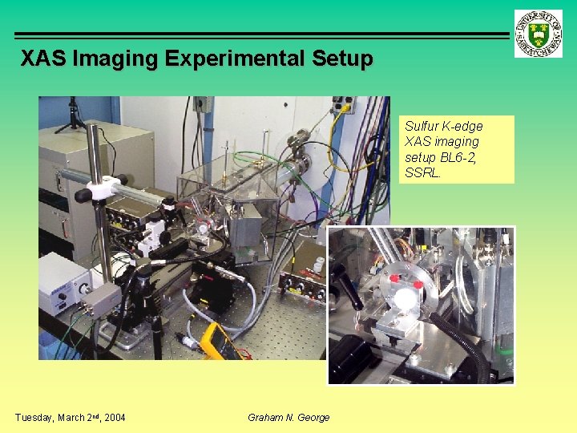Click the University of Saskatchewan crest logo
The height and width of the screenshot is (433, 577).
coord(539,33)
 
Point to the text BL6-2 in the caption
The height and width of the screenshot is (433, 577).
coord(458,158)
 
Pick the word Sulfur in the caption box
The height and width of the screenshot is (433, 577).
coord(422,127)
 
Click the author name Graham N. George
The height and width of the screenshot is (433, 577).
coord(288,417)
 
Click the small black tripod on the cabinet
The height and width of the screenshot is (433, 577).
coord(73,116)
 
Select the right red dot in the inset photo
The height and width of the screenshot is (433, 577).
coord(418,285)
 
